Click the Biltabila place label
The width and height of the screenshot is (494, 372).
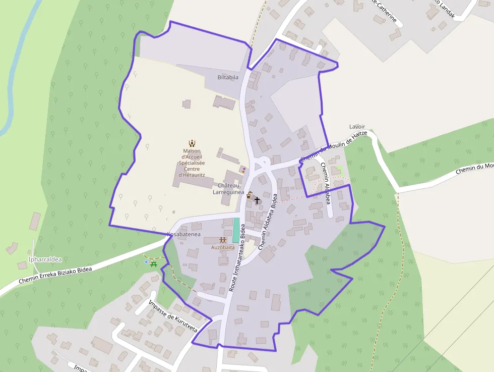pyautogui.click(x=228, y=77)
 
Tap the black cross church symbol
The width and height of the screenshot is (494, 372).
pyautogui.click(x=257, y=200)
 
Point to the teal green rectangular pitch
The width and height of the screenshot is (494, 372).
pyautogui.click(x=236, y=230)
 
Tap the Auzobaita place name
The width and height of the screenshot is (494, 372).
pyautogui.click(x=223, y=247)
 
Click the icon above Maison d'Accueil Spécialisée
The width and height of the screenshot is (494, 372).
pyautogui.click(x=192, y=143)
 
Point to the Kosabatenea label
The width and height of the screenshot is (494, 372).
pyautogui.click(x=184, y=234)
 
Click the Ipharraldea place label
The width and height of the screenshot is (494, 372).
pyautogui.click(x=45, y=259)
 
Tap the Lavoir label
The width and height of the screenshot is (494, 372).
pyautogui.click(x=357, y=126)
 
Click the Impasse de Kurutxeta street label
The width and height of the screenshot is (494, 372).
pyautogui.click(x=173, y=317)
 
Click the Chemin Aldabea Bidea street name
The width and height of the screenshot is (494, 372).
pyautogui.click(x=268, y=222)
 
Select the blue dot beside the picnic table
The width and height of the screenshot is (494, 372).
pyautogui.click(x=146, y=262)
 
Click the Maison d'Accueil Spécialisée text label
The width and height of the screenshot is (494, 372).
pyautogui.click(x=192, y=163)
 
